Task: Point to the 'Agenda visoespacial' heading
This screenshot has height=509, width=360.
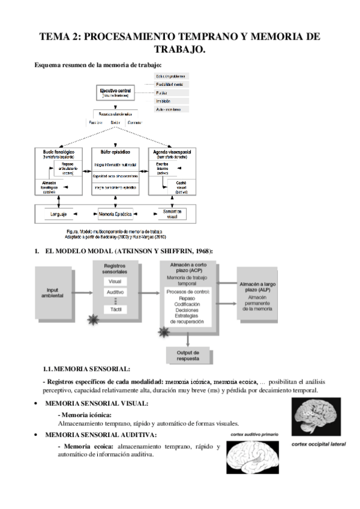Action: (x=172, y=152)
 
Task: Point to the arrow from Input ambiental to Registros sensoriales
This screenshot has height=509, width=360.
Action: (x=85, y=293)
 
